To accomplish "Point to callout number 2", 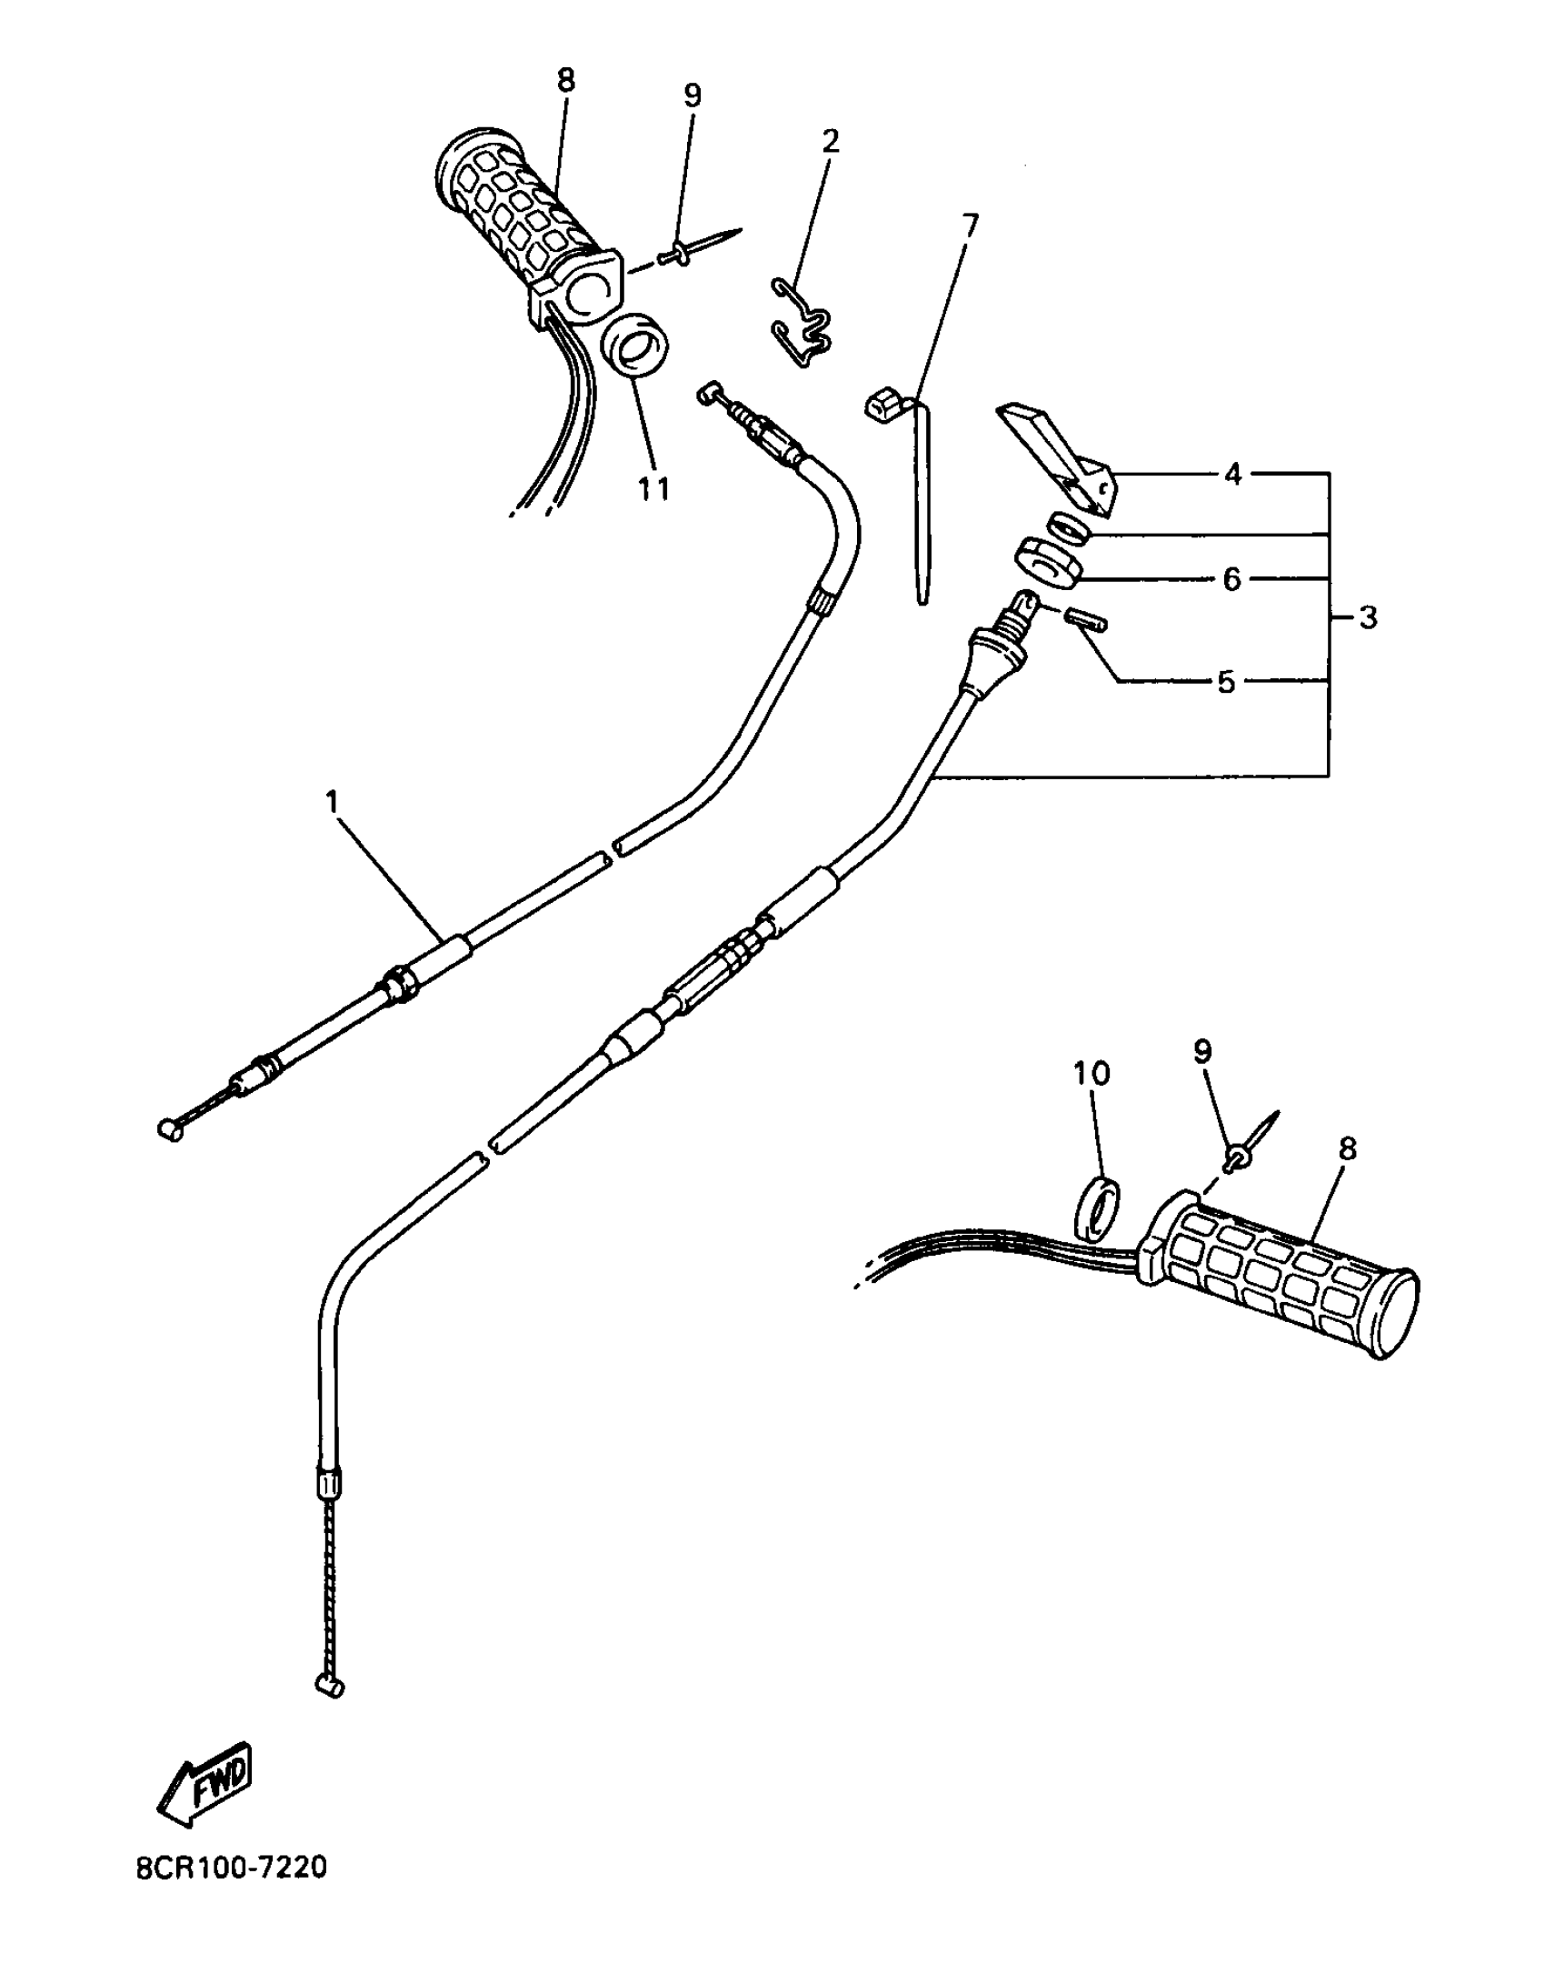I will click(830, 141).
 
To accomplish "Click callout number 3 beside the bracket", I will click(1368, 617).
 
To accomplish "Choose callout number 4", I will click(1233, 474).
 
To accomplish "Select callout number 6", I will click(1232, 578).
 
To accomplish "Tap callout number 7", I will click(970, 225).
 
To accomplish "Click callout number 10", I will click(1091, 1074).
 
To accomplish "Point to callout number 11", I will click(653, 488).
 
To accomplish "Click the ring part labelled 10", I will click(1097, 1207).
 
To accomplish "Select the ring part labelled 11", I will click(634, 346).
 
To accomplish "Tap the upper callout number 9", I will click(693, 95).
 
